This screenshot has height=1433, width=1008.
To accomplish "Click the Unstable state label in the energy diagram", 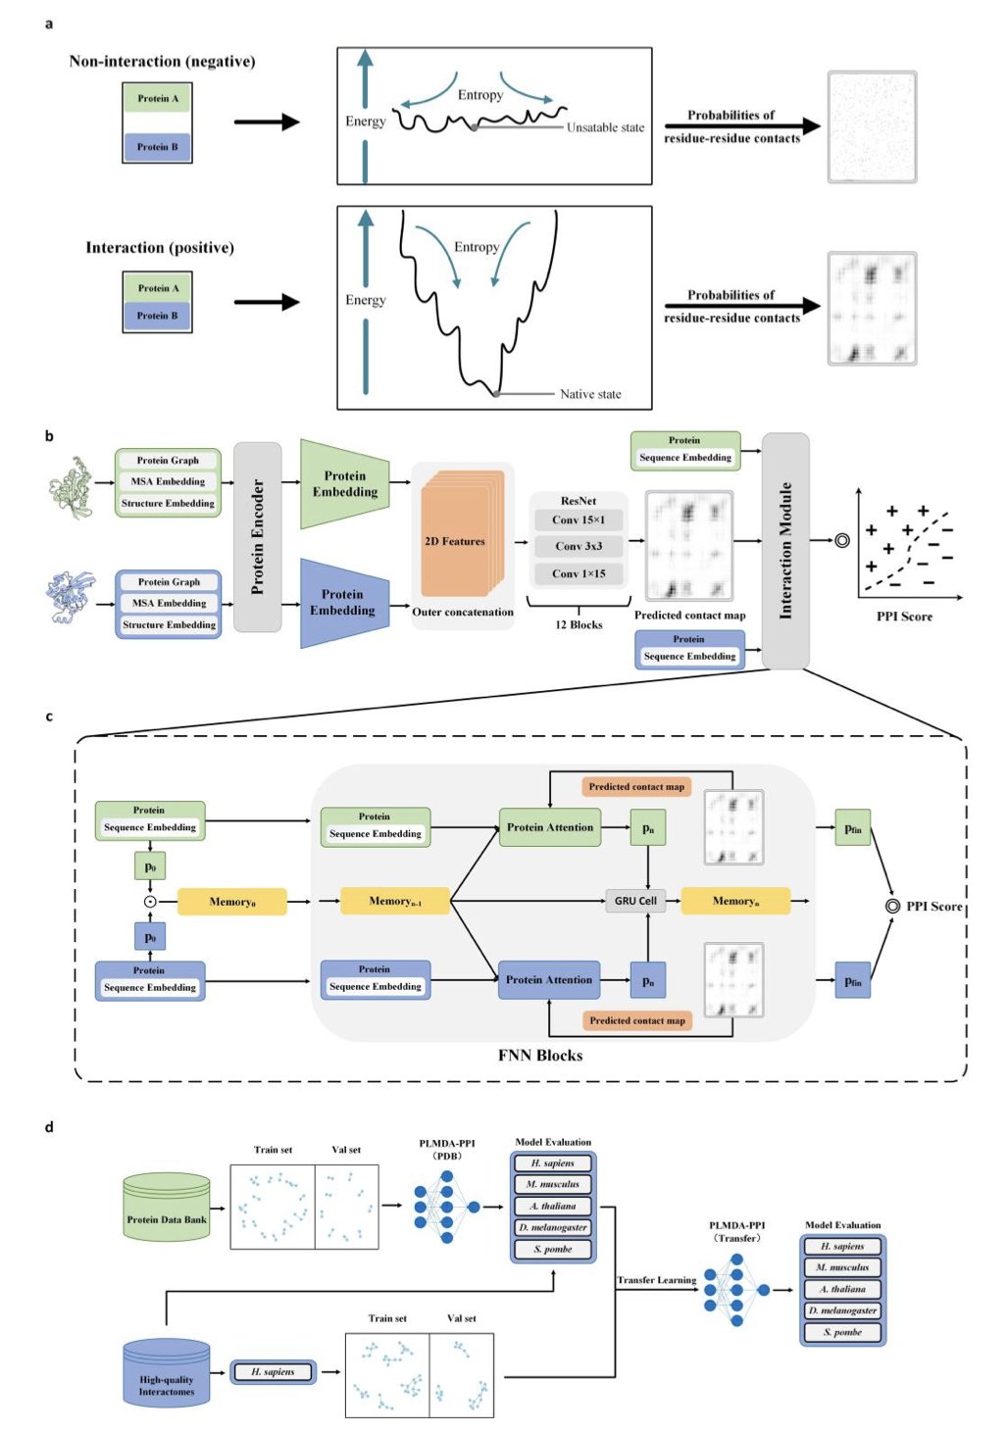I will (605, 127).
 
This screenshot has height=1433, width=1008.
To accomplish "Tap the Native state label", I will (590, 394).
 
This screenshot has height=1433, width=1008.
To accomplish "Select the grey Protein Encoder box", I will (258, 536).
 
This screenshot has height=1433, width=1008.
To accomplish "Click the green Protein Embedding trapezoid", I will (344, 484).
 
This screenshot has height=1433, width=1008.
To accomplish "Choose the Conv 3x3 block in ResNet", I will (579, 546).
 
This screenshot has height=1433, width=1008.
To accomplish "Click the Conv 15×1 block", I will (579, 519).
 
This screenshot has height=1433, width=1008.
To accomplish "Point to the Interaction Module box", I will (785, 550).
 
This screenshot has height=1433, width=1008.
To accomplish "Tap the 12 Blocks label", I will (579, 624).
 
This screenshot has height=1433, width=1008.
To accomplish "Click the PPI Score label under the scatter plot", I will (904, 617).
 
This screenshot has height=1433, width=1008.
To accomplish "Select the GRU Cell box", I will (635, 901).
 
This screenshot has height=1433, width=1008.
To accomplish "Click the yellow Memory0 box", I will (232, 902).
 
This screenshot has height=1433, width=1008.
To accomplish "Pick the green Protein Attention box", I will (549, 827).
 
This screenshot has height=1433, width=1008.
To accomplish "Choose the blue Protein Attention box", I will (549, 979).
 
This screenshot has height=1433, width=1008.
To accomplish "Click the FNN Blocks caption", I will (540, 1056).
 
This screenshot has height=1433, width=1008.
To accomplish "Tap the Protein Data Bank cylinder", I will (167, 1207).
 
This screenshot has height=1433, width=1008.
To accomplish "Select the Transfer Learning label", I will (656, 1280).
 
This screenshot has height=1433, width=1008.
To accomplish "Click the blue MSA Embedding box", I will (169, 603).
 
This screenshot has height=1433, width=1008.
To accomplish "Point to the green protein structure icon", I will (71, 486).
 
